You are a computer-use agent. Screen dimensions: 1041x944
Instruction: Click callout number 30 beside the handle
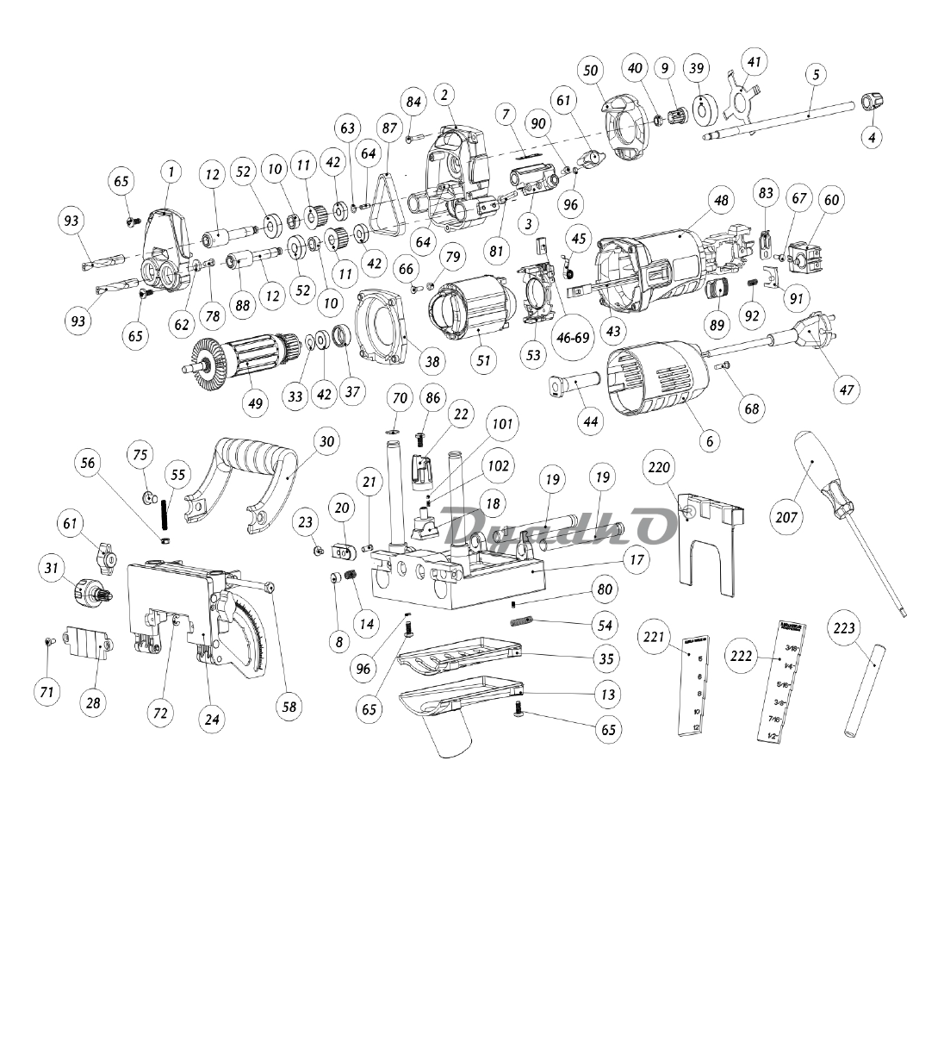click(326, 441)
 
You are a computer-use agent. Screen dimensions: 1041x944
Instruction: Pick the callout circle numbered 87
click(390, 128)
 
